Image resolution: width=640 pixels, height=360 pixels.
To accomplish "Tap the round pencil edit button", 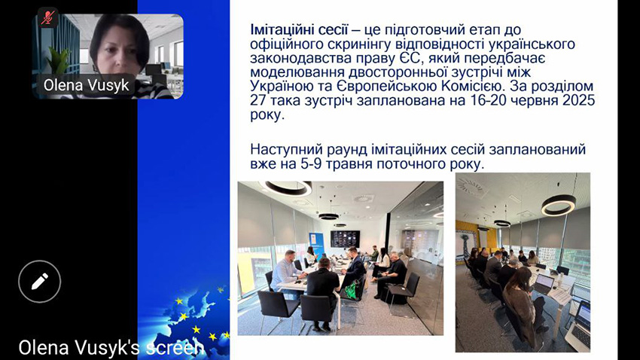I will point(39,281).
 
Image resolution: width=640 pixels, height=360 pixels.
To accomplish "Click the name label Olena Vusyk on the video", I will point(87,85).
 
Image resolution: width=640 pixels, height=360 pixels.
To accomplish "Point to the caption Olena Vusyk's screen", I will point(111,347).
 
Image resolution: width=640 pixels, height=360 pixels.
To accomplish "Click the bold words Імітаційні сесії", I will point(299,30).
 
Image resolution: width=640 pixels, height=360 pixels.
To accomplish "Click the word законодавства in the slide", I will point(299,59).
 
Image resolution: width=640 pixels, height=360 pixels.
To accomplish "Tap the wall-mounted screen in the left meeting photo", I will point(344,239).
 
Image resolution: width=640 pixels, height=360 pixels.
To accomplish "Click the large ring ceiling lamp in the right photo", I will point(558,204).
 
